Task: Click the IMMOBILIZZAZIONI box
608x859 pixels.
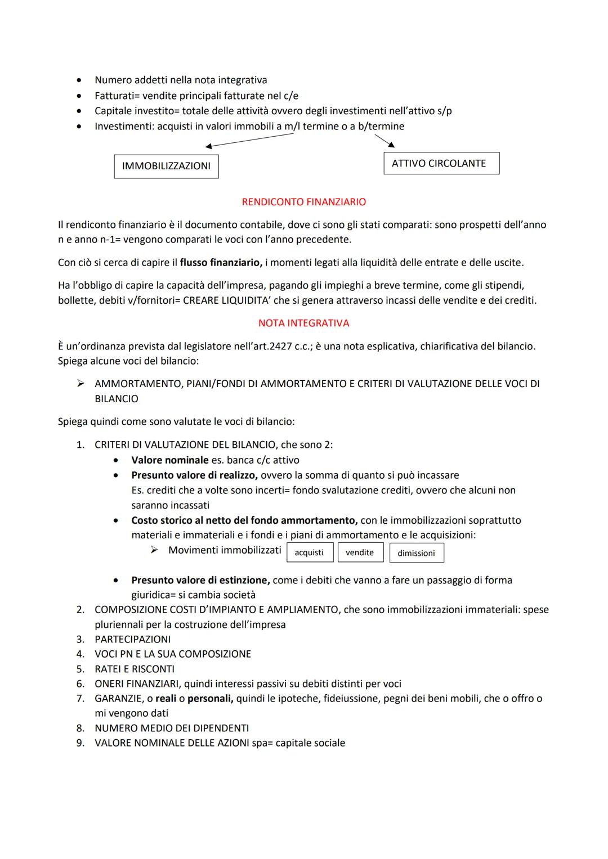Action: point(166,167)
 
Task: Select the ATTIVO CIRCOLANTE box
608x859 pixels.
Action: point(441,163)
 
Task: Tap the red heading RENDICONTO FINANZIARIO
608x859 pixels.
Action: point(303,202)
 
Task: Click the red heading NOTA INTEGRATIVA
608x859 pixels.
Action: point(303,323)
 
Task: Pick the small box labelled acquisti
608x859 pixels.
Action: point(309,552)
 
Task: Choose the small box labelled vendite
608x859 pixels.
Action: point(360,552)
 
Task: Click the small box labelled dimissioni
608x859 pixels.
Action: point(416,553)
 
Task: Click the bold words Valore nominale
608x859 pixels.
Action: point(169,460)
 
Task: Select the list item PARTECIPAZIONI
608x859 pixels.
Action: point(132,639)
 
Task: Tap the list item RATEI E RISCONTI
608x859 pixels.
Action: point(135,669)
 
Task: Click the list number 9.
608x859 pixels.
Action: point(81,743)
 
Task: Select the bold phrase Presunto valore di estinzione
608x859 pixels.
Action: point(200,580)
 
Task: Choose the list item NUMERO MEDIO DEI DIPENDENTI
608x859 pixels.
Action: point(172,728)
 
